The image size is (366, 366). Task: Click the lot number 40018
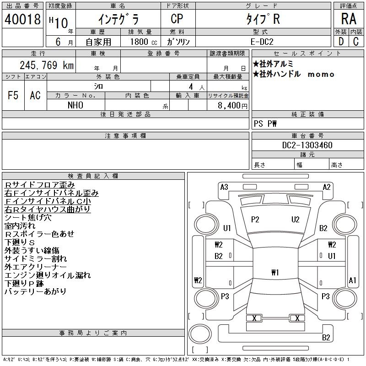pos(22,19)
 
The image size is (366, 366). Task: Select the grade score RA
pos(349,19)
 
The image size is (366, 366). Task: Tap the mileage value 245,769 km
pos(47,65)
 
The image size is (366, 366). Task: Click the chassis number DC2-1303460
pos(307,145)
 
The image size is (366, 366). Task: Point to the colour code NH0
pos(75,105)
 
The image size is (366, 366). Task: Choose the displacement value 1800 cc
pos(144,42)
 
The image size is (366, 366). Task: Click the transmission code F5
pos(13,95)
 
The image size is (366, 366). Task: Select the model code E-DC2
pos(262,42)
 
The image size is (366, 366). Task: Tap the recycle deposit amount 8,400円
pos(232,106)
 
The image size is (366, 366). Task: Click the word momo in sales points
pos(321,75)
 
